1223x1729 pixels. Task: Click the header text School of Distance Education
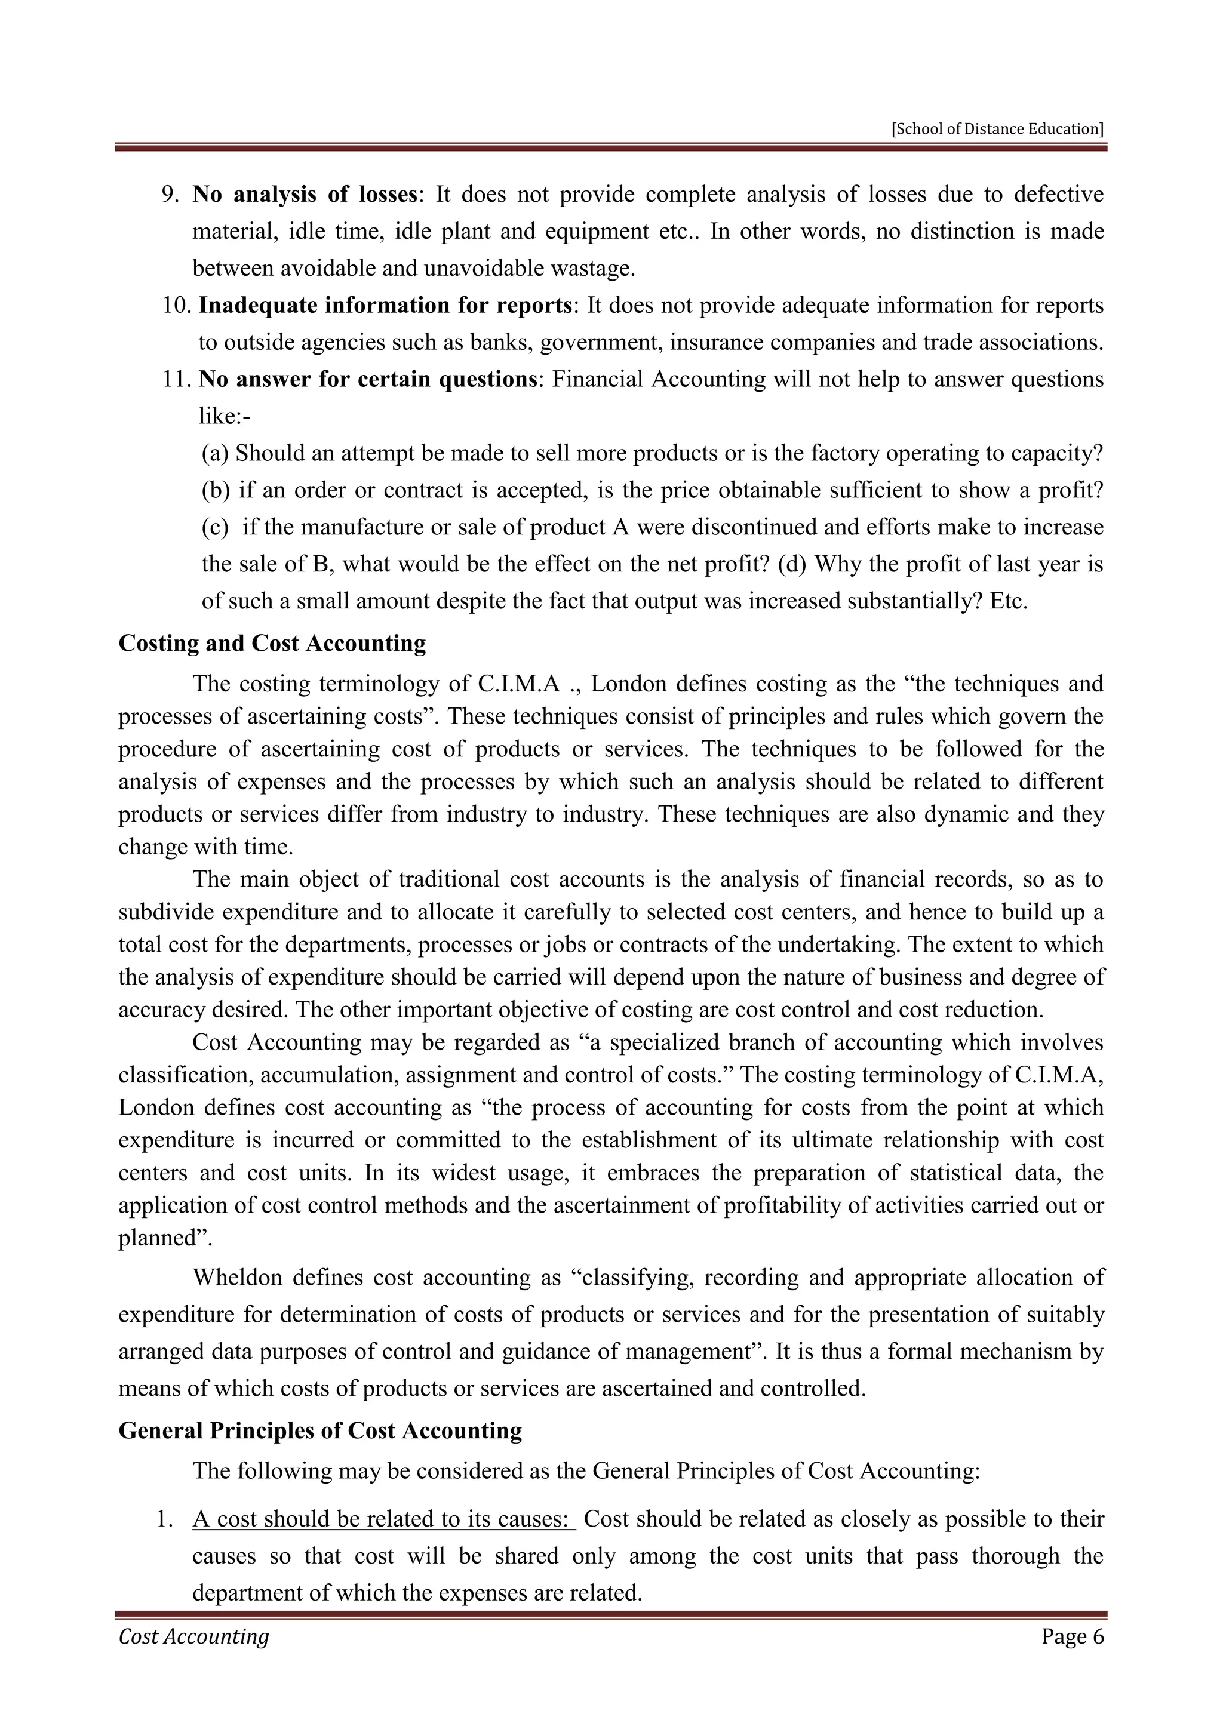point(997,129)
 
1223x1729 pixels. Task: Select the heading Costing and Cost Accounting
point(272,644)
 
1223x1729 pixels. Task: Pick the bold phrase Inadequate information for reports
point(385,306)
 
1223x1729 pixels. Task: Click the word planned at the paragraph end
point(155,1239)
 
